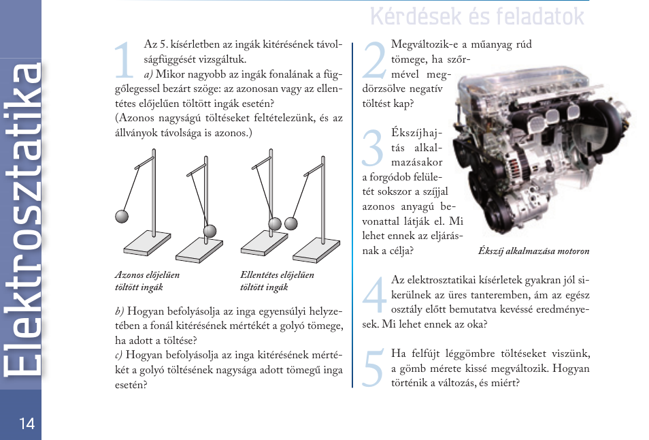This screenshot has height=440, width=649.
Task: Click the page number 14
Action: coord(27,424)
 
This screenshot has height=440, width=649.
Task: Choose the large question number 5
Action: coord(374,369)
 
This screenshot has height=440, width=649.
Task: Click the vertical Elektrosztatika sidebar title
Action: coord(22,218)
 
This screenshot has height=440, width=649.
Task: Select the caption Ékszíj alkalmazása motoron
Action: coord(533,251)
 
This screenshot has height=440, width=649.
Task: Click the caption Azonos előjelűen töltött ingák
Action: coord(147,281)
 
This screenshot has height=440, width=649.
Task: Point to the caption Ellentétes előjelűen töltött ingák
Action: coord(277,281)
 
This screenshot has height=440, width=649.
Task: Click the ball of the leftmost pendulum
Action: coord(122,217)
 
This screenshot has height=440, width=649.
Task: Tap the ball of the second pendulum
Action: coord(210,230)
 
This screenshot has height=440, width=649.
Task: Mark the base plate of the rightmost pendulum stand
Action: coord(316,249)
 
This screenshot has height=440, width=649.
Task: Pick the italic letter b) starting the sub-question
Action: coord(120,311)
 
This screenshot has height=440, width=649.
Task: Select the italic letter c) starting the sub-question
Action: coord(119,356)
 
